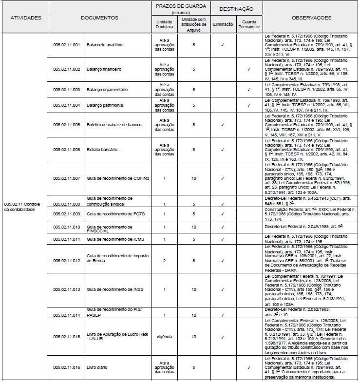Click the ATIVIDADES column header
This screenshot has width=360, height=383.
pos(26,18)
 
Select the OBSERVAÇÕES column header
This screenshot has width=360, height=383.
pos(311,18)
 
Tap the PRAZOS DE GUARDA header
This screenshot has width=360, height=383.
pos(181,6)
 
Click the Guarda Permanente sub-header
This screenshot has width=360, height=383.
pos(249,24)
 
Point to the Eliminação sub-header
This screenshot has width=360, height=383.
pos(223,24)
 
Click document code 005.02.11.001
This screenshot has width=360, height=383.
pos(66,45)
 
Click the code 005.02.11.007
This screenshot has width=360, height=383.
pos(66,178)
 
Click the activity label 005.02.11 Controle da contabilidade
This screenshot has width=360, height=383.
pos(26,206)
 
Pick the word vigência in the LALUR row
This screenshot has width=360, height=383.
pos(164,337)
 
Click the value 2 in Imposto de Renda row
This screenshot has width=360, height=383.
pos(164,261)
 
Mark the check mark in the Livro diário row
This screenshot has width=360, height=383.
pos(249,368)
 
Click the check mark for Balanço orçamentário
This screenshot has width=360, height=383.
pos(249,90)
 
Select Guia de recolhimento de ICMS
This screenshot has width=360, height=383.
pos(110,239)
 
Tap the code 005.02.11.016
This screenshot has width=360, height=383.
pos(66,368)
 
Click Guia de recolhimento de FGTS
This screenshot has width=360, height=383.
pos(110,213)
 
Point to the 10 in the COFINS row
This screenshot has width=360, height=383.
pos(194,178)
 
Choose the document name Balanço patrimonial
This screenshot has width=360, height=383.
pos(105,105)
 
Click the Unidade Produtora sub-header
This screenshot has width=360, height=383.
pos(164,24)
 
